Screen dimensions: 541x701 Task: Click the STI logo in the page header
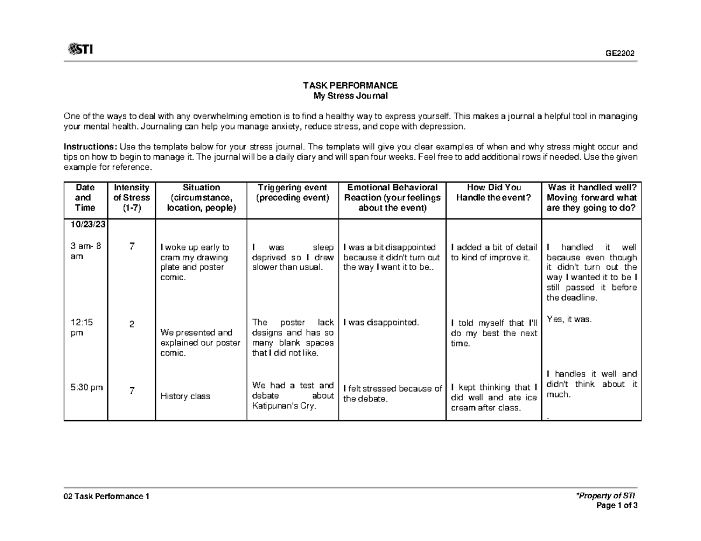click(80, 50)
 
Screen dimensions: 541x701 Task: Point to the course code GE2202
click(620, 54)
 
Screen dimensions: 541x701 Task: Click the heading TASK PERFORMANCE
click(350, 85)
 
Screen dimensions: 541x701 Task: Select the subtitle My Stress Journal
click(350, 95)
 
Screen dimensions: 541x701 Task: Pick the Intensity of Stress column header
click(131, 198)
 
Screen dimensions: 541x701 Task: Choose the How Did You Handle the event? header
click(494, 193)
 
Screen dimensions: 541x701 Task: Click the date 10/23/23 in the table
click(85, 225)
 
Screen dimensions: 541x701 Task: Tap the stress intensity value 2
click(132, 324)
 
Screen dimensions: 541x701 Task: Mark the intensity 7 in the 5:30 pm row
click(132, 392)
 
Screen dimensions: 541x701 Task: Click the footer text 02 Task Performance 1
click(107, 496)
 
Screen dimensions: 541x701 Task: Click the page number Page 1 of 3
click(616, 505)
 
